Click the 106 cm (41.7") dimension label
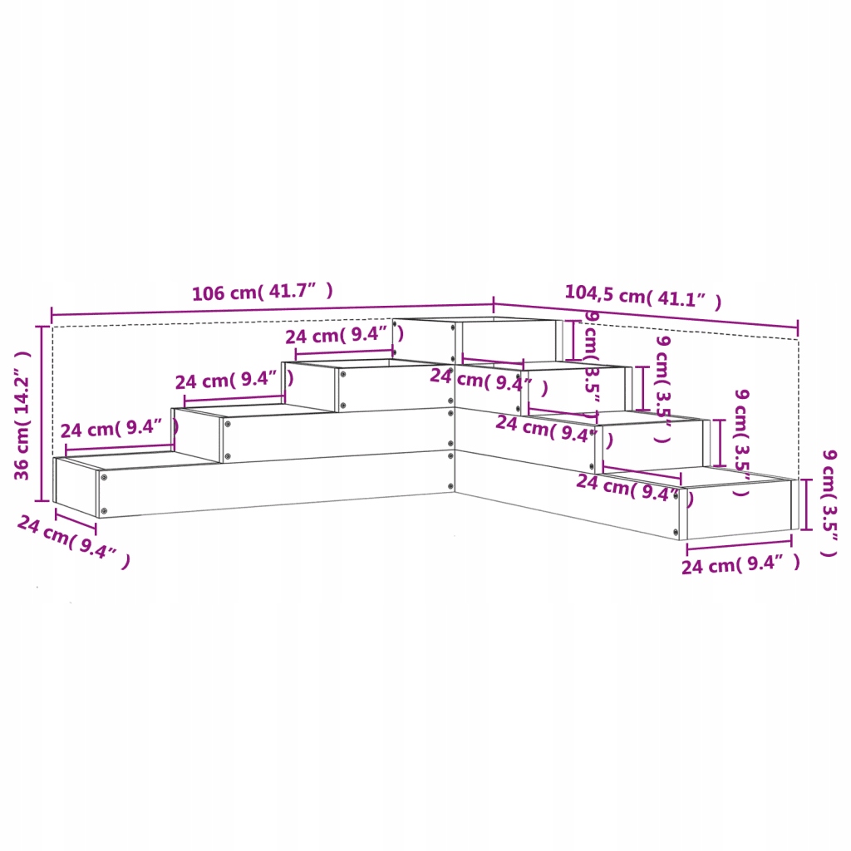pos(262,292)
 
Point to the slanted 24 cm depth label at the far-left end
pos(73,540)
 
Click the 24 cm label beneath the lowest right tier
pos(740,565)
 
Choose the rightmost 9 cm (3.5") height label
pos(829,503)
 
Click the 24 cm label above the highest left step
pos(344,336)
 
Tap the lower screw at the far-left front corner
pos(104,511)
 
